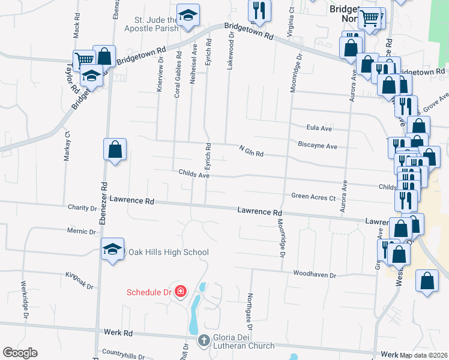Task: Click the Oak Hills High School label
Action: tap(168, 253)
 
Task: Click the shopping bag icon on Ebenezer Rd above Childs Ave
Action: tap(115, 149)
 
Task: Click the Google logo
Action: tap(20, 353)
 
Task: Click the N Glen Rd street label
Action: tap(251, 151)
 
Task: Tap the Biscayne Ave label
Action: tap(318, 146)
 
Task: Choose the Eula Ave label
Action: tap(319, 128)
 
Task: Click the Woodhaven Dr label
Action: tap(313, 274)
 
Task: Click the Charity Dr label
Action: tap(82, 208)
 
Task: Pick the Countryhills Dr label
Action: tap(124, 355)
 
